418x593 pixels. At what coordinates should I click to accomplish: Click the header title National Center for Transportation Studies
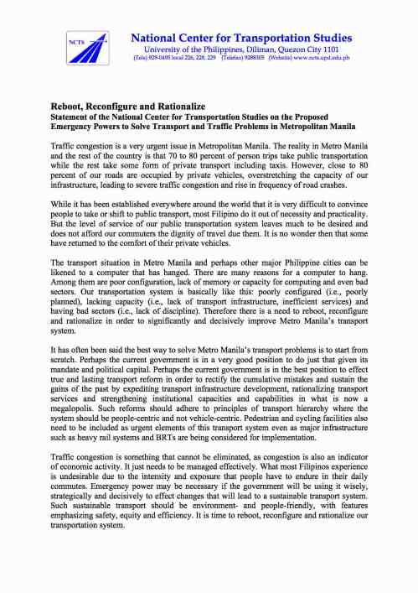click(241, 39)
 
